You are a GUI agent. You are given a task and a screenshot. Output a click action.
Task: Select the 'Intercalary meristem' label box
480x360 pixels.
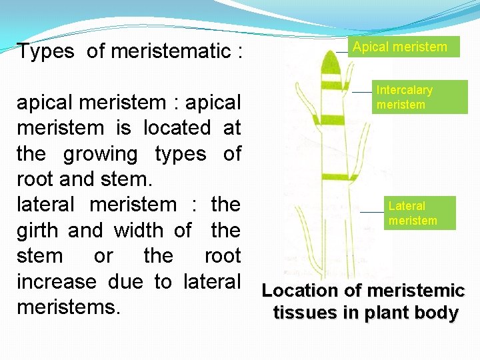(x=411, y=97)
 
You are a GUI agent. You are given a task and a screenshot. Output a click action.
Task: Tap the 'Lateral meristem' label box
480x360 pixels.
(x=419, y=213)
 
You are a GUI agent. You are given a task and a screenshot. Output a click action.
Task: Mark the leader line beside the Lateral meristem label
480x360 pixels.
(x=371, y=212)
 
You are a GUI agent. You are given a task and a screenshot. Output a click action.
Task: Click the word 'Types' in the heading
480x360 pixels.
(x=45, y=51)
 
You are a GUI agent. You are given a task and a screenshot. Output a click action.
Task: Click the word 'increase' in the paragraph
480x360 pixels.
(x=56, y=282)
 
